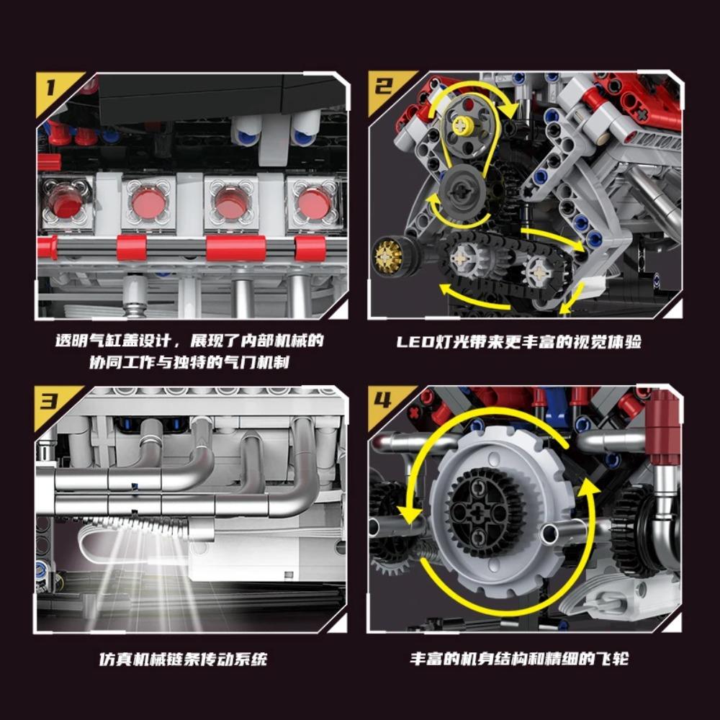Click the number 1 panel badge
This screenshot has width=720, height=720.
click(50, 88)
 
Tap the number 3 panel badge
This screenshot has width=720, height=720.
click(50, 400)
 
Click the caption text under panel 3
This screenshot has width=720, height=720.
click(182, 659)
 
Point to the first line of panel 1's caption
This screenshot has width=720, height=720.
click(190, 341)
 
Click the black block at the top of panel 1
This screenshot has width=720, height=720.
click(198, 97)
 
